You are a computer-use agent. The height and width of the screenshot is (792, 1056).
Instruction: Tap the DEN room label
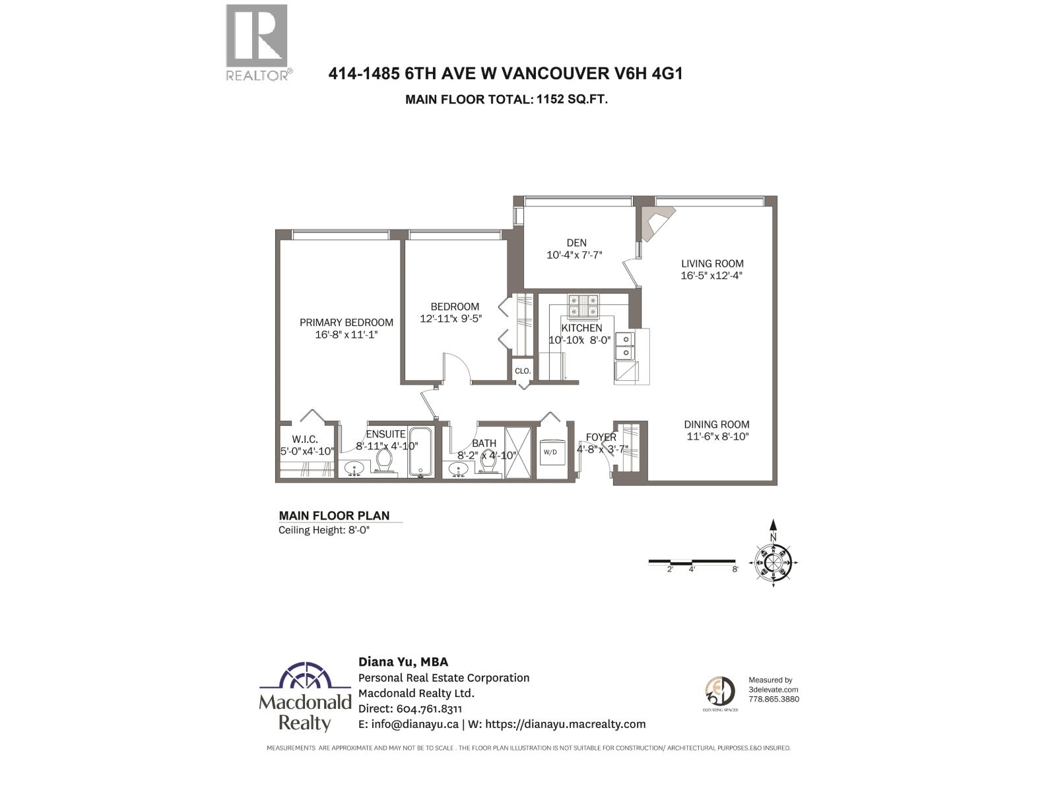point(576,243)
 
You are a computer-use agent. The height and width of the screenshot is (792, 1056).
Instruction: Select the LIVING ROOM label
point(712,263)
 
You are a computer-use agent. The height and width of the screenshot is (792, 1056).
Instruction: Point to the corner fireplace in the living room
point(656,222)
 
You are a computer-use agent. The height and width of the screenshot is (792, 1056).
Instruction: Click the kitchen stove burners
point(583,304)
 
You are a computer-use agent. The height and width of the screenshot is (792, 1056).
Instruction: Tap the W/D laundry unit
point(550,452)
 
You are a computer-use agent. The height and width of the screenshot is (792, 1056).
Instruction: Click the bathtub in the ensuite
point(420,451)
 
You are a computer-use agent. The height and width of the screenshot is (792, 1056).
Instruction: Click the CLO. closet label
point(523,371)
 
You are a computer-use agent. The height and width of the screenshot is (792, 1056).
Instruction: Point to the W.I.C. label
point(305,440)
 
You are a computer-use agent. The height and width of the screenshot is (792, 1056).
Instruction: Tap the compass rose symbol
point(773,562)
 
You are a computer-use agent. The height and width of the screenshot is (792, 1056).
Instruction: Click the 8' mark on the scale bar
point(735,569)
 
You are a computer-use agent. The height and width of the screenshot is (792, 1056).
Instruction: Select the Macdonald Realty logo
point(304,696)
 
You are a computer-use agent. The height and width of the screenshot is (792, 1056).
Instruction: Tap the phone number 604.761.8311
point(429,709)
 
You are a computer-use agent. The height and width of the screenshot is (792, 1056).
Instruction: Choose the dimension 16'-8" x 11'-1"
point(346,335)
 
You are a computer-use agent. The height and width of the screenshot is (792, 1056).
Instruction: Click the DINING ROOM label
point(716,424)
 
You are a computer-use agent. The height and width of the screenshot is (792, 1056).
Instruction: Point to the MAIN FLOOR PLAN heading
point(334,515)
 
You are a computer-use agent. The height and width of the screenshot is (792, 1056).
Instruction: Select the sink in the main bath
point(458,469)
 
